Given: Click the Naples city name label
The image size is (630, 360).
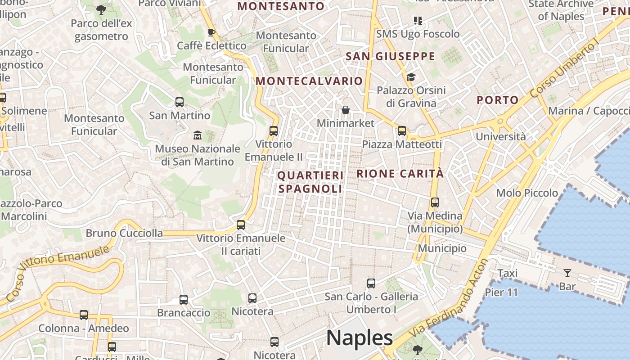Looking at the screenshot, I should click(359, 337).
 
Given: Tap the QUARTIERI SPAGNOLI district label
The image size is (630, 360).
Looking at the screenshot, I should click(310, 182).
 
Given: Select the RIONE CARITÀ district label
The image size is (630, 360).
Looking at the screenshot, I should click(400, 174).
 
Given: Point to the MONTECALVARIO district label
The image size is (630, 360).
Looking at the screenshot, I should click(309, 81).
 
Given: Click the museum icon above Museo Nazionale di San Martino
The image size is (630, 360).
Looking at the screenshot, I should click(197, 135).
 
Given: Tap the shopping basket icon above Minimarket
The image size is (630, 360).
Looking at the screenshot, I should click(345, 110).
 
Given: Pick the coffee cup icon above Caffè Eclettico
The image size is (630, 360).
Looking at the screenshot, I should click(211, 32).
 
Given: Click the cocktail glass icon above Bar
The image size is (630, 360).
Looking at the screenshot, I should click(567, 273).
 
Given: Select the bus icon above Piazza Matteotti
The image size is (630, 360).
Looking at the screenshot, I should click(401, 131).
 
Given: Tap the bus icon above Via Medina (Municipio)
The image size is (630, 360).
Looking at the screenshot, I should click(435, 202).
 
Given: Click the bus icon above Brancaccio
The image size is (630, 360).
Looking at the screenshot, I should click(183, 299).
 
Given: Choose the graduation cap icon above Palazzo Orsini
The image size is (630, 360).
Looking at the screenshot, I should click(410, 77).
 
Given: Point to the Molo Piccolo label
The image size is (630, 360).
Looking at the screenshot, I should click(527, 193).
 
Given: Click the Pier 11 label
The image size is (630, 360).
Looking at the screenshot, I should click(501, 292).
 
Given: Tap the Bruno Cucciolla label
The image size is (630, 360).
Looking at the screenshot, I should click(124, 233).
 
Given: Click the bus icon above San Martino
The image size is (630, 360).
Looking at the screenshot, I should click(180, 102).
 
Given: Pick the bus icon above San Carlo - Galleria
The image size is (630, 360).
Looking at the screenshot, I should click(371, 283).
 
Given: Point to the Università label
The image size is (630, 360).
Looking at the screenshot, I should click(500, 136).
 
